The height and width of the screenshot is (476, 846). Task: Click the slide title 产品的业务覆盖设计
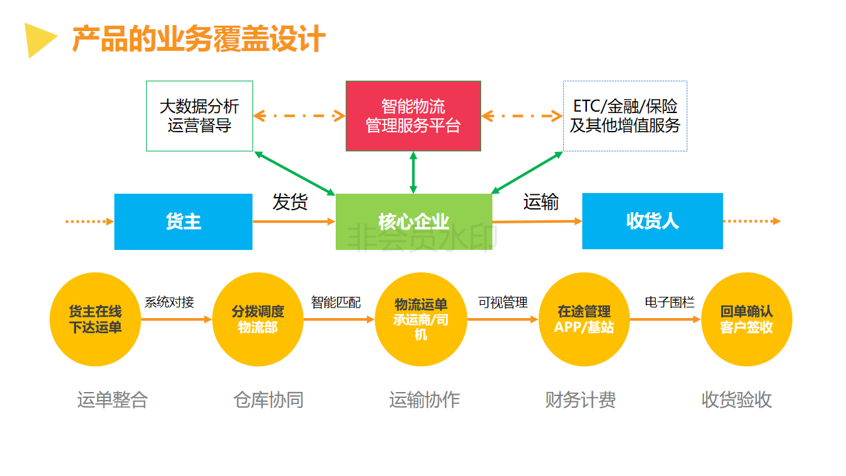[x=198, y=39]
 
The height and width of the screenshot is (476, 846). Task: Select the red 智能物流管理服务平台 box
[x=413, y=116]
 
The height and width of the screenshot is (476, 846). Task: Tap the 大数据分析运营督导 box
[x=199, y=116]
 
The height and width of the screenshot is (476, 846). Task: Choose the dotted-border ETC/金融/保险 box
[x=625, y=116]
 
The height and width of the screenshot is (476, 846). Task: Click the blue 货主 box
[x=183, y=221]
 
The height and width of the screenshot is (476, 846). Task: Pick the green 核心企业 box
[x=414, y=221]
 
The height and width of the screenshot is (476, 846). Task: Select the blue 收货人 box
[x=652, y=221]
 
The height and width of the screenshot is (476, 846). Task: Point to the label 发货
[x=290, y=202]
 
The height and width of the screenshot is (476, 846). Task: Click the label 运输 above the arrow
[x=541, y=202]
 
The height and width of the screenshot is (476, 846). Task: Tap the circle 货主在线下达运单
[x=95, y=319]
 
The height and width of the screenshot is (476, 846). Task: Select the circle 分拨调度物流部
[x=258, y=319]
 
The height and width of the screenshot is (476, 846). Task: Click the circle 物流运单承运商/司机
[x=420, y=319]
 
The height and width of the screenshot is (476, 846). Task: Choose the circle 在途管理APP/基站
[x=584, y=319]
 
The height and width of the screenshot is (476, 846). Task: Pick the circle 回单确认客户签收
[x=746, y=319]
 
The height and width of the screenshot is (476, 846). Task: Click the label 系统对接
[x=169, y=303]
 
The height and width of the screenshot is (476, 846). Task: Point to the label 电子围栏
[x=670, y=303]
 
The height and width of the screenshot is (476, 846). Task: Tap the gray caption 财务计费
[x=580, y=400]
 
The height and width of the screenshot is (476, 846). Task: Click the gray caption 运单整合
[x=112, y=400]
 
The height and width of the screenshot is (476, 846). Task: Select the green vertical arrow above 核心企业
[x=414, y=172]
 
